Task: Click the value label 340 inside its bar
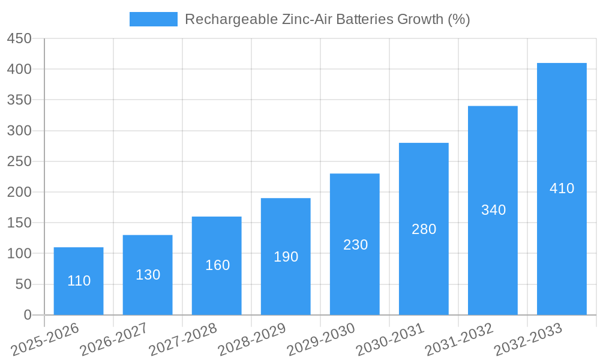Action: click(x=493, y=210)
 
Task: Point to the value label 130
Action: click(x=148, y=275)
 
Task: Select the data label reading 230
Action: click(x=355, y=245)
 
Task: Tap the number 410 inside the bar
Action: click(x=562, y=188)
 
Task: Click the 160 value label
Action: click(x=217, y=265)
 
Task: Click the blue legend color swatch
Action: click(x=154, y=19)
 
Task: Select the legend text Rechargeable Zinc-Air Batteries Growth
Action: click(x=327, y=19)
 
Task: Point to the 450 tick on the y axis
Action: click(x=19, y=38)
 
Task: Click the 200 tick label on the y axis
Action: click(x=19, y=192)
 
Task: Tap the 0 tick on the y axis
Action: click(x=27, y=315)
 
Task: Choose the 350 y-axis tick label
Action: click(x=19, y=100)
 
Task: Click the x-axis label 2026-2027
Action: click(x=115, y=339)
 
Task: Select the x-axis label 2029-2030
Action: click(x=322, y=339)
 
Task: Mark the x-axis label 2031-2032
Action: click(x=460, y=339)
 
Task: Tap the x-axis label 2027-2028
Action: click(x=184, y=339)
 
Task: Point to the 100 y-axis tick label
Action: click(x=19, y=253)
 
